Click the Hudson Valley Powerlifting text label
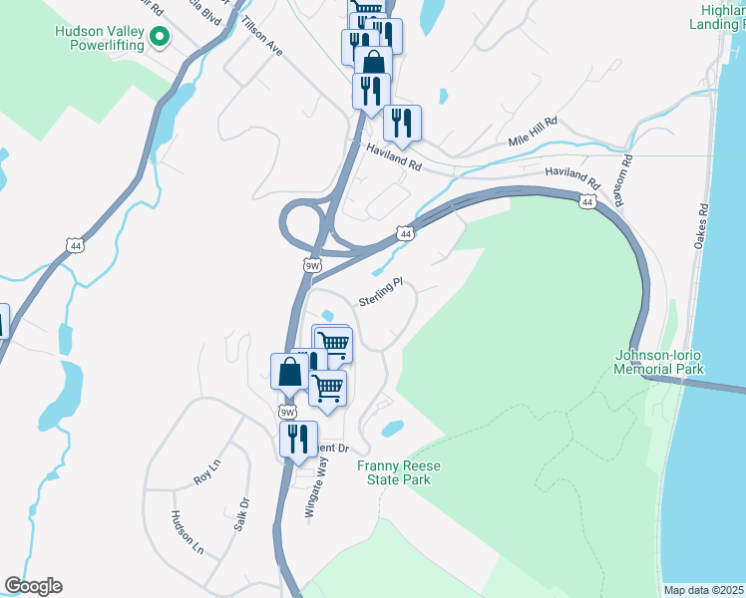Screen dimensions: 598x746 99,38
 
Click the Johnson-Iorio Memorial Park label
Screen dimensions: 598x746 659,362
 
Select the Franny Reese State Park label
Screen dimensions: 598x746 394,472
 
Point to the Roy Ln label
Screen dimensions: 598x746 206,467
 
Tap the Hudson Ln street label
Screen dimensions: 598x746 187,533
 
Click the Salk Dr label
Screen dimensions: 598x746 239,514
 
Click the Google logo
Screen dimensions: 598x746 33,586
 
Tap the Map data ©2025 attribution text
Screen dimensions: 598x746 703,590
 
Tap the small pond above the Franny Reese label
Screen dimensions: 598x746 392,429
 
